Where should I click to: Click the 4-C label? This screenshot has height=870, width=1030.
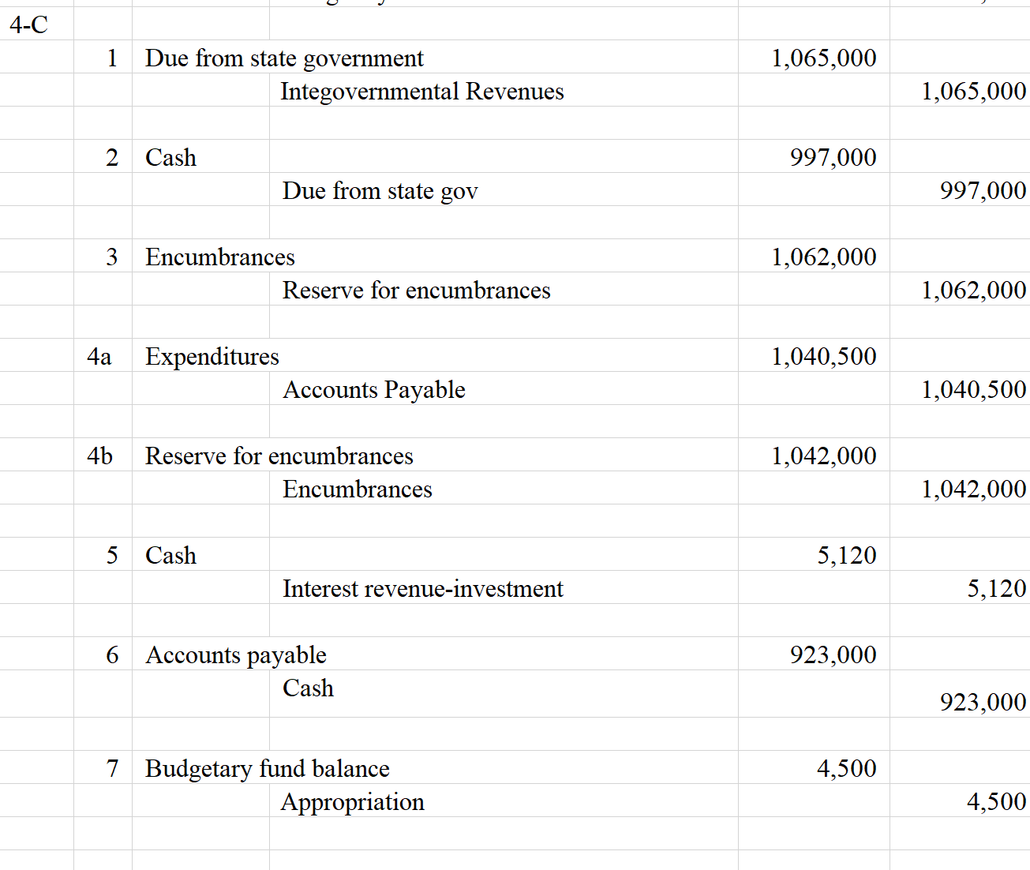coord(29,25)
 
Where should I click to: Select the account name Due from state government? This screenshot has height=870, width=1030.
coord(284,58)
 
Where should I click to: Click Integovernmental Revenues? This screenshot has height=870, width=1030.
coord(421,92)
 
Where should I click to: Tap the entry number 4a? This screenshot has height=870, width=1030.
coord(99,357)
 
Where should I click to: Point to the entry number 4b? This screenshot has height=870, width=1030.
coord(99,456)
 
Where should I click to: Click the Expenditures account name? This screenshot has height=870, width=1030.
coord(212,357)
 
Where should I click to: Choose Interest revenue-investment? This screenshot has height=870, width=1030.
coord(422,589)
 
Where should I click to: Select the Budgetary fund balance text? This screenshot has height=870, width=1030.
coord(267,769)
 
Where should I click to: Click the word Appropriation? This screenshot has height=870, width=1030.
coord(352,802)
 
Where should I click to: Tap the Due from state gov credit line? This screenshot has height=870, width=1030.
coord(380,191)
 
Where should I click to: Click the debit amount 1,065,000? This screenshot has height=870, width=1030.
coord(823,58)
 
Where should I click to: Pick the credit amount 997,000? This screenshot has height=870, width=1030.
coord(983,191)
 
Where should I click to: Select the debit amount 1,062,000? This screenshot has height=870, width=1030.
coord(823,257)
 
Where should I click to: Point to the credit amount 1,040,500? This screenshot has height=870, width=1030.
coord(973,390)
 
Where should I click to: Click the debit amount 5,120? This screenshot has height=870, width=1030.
coord(846,556)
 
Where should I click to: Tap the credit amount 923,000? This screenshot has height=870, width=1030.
coord(983,702)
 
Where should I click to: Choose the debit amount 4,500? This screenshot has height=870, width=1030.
coord(846,769)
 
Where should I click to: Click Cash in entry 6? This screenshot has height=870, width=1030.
coord(308,688)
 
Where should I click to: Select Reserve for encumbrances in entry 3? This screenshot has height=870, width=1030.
coord(416,291)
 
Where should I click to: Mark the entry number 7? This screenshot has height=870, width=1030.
coord(112,769)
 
